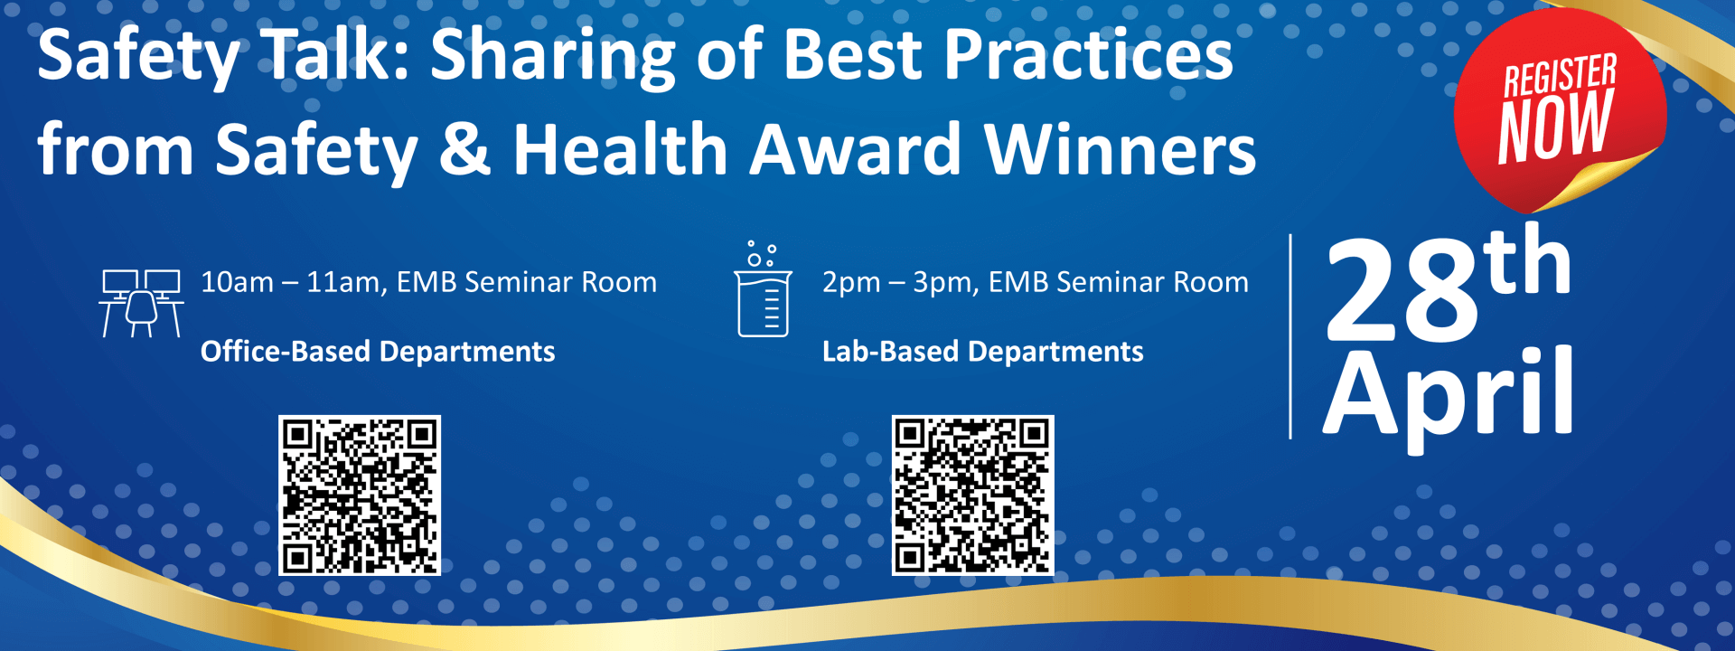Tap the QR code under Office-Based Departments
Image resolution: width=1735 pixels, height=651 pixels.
[360, 495]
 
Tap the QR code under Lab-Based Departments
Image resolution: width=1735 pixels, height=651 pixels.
[973, 495]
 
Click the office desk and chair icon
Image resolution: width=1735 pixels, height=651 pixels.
[141, 303]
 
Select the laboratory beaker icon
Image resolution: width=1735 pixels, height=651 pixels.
[764, 289]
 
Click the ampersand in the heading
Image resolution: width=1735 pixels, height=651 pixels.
[465, 149]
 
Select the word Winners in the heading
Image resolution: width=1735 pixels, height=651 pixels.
[1120, 149]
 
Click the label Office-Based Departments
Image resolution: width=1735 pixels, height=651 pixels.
[378, 352]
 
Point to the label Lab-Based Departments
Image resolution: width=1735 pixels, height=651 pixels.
[983, 351]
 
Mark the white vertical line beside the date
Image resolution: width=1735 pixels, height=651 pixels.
[1290, 336]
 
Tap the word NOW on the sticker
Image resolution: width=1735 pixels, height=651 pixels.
[1555, 126]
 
